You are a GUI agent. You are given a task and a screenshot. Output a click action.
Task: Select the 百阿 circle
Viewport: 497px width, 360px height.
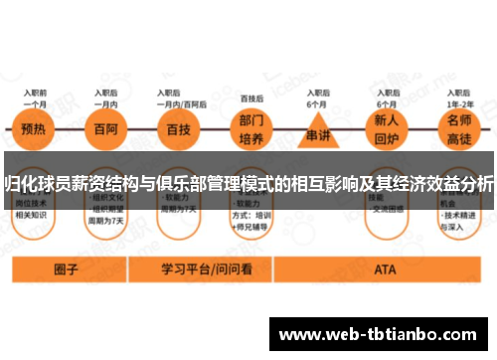coord(105,129)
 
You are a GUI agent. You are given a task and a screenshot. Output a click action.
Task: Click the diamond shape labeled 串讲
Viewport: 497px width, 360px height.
coord(318,131)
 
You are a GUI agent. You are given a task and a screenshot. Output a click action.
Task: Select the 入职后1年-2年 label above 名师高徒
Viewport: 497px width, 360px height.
coord(458,98)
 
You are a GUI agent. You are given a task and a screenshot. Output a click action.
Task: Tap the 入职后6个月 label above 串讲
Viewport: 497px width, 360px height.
coord(318,98)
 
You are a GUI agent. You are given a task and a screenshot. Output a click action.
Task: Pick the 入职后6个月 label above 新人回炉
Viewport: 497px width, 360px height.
coord(387,98)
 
